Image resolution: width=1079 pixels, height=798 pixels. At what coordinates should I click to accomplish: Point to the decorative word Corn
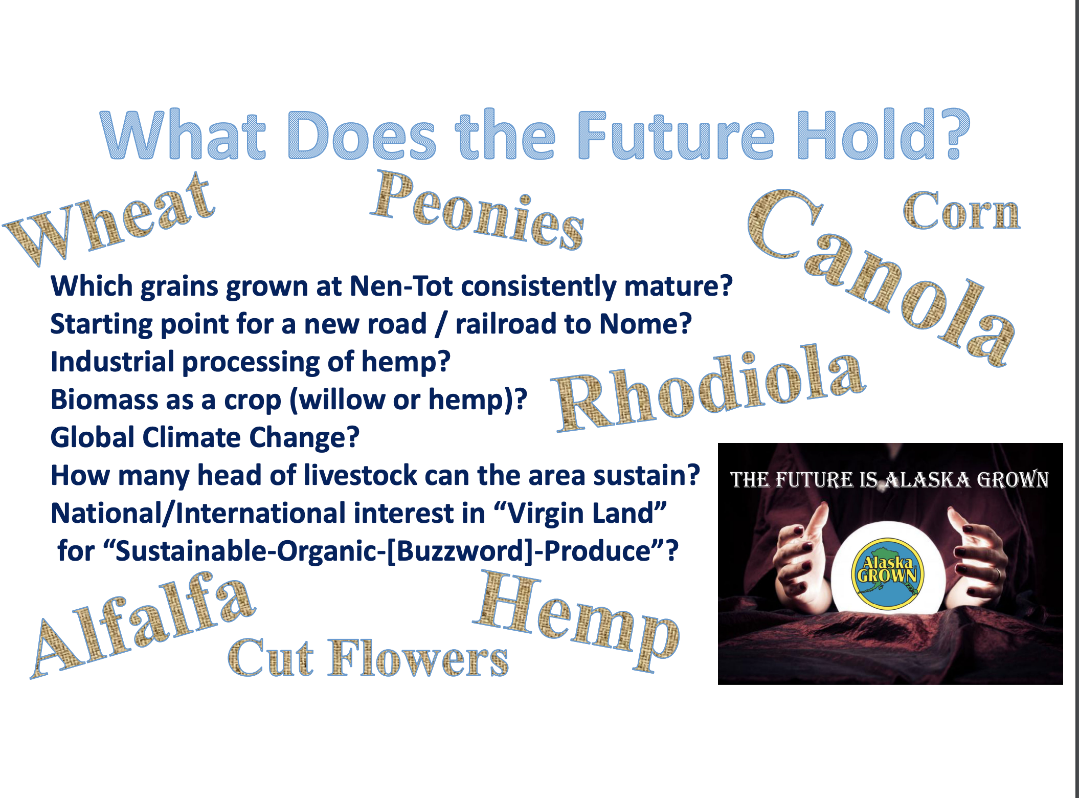(961, 211)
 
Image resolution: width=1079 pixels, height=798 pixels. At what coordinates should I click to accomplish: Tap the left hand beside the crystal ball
(800, 555)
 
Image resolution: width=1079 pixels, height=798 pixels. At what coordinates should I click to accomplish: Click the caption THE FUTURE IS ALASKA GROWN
(889, 480)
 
